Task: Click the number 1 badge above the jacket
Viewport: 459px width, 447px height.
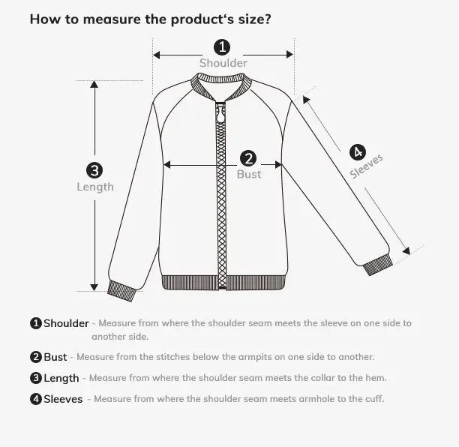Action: coord(222,47)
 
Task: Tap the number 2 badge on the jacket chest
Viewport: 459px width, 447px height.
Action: coord(248,158)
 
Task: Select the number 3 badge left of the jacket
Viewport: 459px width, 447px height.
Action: coord(94,170)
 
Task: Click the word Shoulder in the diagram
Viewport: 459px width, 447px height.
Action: coord(223,64)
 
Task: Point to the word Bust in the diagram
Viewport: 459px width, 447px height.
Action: coord(249,174)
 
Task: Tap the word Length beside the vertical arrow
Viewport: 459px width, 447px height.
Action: coord(95,187)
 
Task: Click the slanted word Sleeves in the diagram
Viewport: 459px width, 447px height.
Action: coord(367,166)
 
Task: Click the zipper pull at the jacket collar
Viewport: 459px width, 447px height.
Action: coord(220,117)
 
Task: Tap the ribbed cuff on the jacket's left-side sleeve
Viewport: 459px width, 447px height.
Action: coord(121,289)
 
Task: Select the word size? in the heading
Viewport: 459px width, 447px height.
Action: coord(254,19)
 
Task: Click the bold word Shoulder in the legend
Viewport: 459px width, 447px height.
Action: coord(66,324)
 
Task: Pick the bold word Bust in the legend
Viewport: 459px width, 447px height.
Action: coord(55,357)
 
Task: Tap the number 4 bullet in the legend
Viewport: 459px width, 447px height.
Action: coord(35,399)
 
